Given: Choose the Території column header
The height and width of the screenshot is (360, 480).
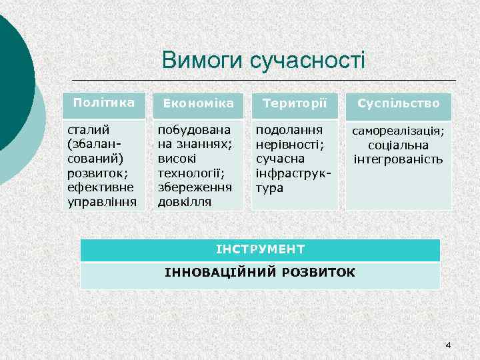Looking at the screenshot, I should coord(294,104).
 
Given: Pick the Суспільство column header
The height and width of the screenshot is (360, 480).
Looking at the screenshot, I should coord(399,104).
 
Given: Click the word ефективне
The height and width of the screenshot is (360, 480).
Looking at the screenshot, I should coord(99,187).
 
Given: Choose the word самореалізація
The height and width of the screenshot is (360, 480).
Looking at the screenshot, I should coord(399,131).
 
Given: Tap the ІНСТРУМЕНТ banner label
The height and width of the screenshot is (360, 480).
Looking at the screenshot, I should coord(260,249).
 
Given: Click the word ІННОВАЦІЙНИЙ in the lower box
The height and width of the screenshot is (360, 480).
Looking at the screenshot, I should coord(213,273).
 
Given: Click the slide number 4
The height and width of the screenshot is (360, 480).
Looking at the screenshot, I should coord(447,345).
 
